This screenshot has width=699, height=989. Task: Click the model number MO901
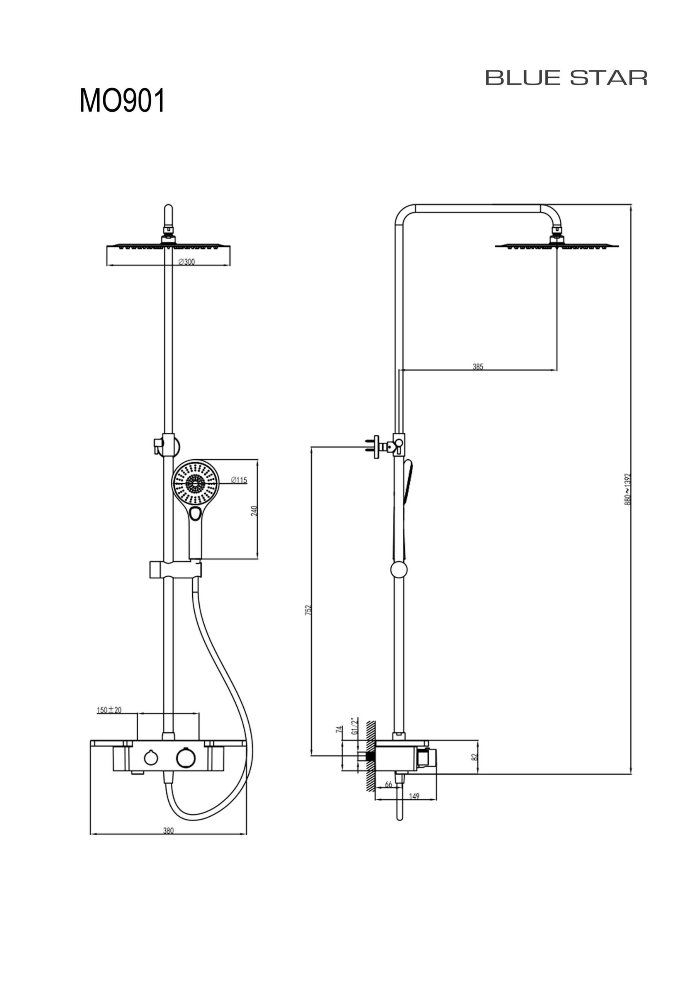tap(122, 101)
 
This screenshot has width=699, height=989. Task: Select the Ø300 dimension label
tap(187, 262)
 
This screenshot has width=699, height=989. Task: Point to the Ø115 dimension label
tap(239, 480)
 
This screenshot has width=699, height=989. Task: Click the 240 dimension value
tap(254, 511)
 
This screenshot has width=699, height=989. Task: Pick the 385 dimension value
tap(478, 367)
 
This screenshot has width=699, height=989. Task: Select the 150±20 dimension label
tap(109, 710)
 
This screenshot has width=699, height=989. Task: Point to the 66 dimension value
tap(389, 784)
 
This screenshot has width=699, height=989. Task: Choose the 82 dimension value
tap(474, 757)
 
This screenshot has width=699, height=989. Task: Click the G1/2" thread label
tap(355, 726)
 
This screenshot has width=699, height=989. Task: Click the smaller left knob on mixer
tap(151, 758)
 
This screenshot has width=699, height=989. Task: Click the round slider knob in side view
tap(399, 570)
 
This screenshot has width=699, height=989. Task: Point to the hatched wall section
tap(370, 754)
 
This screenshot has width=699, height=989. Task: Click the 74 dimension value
tap(339, 729)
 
